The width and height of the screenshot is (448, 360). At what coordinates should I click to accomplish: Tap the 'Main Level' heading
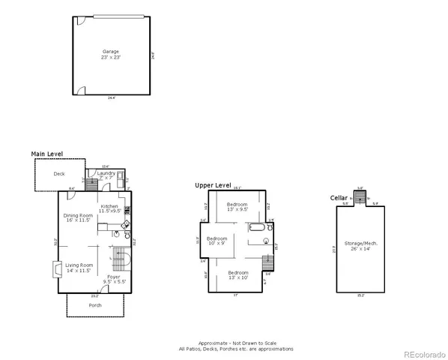tap(46, 154)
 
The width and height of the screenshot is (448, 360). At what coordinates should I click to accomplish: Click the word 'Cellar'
tap(339, 197)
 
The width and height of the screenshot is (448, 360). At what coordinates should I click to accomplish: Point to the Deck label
tap(58, 174)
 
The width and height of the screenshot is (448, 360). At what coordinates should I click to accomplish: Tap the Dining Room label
tap(77, 218)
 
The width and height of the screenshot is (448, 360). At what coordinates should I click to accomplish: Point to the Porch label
tap(95, 305)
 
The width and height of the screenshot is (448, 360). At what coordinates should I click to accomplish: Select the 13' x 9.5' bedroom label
tap(237, 206)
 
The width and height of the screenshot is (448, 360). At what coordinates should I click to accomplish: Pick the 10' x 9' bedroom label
tap(217, 241)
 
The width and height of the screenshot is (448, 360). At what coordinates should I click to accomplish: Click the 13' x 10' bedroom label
tap(237, 274)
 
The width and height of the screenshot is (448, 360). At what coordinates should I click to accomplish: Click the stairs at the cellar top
tap(360, 197)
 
